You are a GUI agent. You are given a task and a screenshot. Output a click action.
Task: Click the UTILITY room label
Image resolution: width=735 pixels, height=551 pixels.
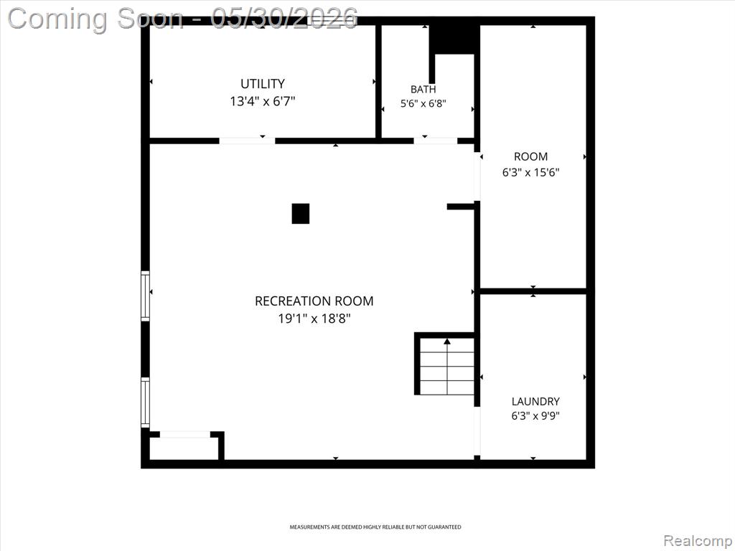tap(263, 84)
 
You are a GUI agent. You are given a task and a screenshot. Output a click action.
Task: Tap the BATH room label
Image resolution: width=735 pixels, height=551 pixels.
tap(423, 89)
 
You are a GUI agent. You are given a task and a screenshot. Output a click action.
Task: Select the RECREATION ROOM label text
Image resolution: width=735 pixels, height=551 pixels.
tap(314, 301)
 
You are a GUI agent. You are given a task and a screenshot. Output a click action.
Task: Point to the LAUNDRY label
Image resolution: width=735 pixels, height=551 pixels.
tap(535, 402)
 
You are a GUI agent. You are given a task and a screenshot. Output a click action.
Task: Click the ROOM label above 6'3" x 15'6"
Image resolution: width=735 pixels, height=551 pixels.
tap(530, 156)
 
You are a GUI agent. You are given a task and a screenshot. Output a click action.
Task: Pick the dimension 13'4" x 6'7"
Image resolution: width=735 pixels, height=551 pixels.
tap(263, 101)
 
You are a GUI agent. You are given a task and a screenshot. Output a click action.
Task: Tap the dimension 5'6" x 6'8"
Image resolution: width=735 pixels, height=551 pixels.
tap(423, 103)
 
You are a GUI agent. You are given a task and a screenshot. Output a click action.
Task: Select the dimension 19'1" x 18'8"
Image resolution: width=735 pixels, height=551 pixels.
tap(314, 319)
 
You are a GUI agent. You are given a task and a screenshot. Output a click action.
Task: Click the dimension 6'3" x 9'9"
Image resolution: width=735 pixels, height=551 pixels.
tap(535, 415)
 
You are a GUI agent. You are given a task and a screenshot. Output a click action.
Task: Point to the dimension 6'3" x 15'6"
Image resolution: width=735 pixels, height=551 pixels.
tap(530, 172)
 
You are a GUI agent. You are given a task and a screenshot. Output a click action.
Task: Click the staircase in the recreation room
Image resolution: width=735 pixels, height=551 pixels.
tap(446, 365)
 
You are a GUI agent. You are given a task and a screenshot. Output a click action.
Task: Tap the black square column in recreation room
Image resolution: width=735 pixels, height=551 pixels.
tap(301, 214)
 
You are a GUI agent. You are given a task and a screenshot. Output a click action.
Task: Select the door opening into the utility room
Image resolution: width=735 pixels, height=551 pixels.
tap(247, 141)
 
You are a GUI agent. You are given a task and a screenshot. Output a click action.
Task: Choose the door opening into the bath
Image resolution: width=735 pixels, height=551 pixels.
tap(436, 141)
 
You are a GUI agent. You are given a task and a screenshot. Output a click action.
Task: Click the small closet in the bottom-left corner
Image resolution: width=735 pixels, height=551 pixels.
tap(184, 448)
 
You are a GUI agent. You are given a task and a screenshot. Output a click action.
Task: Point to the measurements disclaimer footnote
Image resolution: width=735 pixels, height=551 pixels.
tap(375, 527)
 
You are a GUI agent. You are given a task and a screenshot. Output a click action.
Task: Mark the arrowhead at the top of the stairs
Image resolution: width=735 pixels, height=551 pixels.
tap(447, 342)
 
